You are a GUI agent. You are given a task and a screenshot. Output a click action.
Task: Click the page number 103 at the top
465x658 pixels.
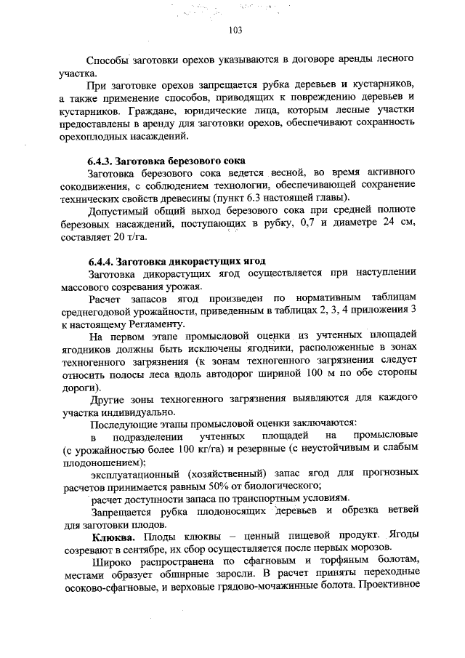coord(234,30)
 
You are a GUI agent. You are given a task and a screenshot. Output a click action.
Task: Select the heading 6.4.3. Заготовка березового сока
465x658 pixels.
coord(166,160)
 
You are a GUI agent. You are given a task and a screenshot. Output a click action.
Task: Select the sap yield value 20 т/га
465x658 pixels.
coord(139,238)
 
